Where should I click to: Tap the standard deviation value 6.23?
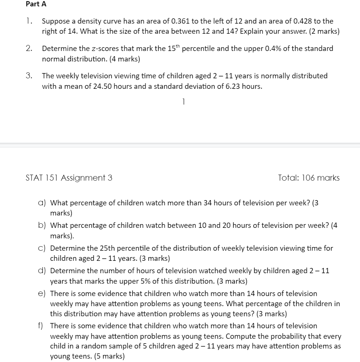[231, 87]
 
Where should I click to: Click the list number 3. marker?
[29, 76]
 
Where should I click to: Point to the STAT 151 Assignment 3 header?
[69, 178]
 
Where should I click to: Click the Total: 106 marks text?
[309, 178]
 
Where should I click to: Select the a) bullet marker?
[42, 203]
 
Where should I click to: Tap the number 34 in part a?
[208, 203]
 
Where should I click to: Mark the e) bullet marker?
[42, 294]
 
